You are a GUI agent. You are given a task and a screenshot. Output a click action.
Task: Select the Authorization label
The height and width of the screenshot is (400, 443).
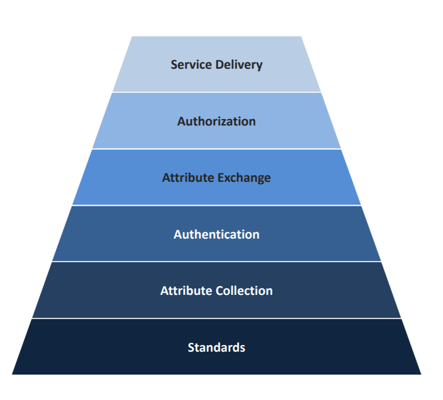[x=216, y=121]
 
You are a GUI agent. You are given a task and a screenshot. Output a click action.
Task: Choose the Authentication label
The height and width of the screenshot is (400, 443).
[x=216, y=234]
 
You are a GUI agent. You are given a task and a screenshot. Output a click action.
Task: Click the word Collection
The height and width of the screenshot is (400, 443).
[x=244, y=291]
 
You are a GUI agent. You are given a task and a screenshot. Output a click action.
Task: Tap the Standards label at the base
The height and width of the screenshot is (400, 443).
[x=216, y=347]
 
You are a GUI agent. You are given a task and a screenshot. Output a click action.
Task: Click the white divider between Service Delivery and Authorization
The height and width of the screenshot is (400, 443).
[x=216, y=92]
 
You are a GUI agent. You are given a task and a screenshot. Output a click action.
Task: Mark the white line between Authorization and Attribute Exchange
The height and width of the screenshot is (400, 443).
[x=216, y=149]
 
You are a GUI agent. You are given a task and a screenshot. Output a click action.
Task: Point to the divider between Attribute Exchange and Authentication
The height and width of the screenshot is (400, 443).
[x=216, y=205]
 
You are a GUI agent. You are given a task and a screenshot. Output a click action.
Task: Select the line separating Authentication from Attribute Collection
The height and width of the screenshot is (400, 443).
[x=216, y=262]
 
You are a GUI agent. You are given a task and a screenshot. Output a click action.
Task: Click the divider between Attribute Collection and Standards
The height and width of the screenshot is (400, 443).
[x=216, y=318]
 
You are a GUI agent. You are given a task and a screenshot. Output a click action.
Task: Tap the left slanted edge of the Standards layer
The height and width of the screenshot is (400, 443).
[x=22, y=347]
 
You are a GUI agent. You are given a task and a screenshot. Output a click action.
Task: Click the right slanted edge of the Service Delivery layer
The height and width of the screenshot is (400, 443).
[x=311, y=65]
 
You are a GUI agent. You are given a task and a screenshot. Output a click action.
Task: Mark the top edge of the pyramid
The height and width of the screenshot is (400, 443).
[x=216, y=36]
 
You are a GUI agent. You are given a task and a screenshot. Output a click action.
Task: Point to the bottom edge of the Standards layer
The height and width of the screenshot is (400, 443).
[x=216, y=374]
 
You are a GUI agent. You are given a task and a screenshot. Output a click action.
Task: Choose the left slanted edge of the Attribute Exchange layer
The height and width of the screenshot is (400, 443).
[x=83, y=177]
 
